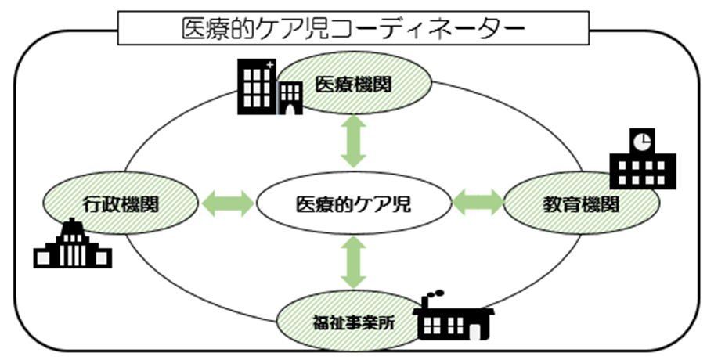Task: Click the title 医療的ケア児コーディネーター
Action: tap(353, 30)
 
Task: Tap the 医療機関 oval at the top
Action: tap(353, 84)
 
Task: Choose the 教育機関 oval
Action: tap(581, 205)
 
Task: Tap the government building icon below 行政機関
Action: tap(73, 245)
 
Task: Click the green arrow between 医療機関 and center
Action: tap(354, 140)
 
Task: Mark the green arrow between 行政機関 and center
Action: tap(227, 204)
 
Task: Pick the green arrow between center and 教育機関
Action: tap(478, 203)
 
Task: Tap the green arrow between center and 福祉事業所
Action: tap(354, 262)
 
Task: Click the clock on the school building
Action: tap(642, 141)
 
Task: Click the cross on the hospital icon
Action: tap(270, 64)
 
